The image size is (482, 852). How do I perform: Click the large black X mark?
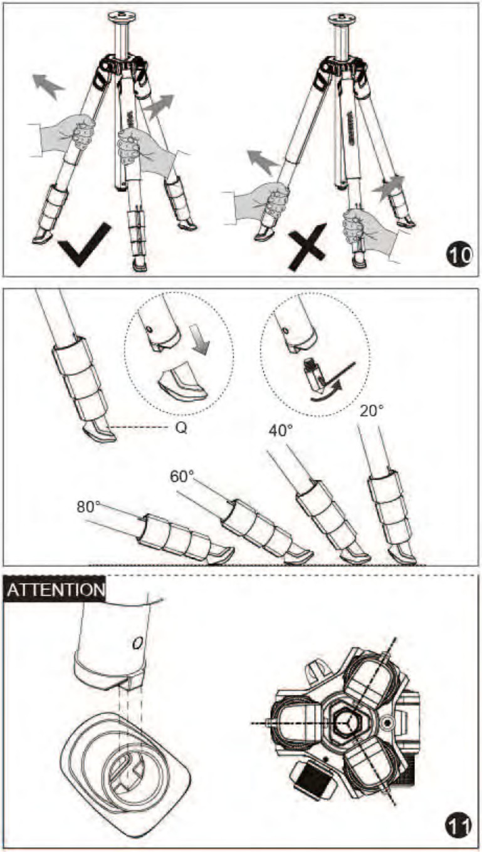(307, 247)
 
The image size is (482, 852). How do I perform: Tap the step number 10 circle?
(459, 255)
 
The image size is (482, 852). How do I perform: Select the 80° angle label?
(88, 507)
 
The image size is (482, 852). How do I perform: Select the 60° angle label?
(182, 476)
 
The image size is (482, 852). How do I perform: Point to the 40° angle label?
(281, 430)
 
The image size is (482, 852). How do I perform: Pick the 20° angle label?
(371, 411)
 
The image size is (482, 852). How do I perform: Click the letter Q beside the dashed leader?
(181, 429)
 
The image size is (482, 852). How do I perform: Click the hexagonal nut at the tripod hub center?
(348, 720)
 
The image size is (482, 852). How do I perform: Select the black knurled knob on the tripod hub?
(310, 774)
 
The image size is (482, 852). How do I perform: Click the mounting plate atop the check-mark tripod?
(121, 16)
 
